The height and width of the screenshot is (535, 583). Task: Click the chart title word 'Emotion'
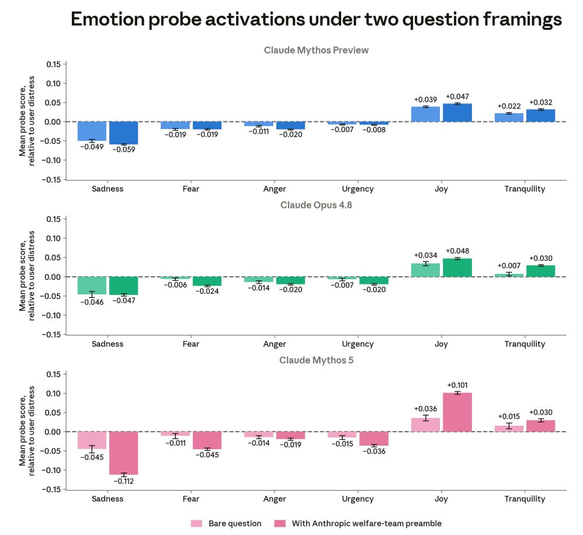[x=108, y=19]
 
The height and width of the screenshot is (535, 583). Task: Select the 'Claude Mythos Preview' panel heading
[x=316, y=50]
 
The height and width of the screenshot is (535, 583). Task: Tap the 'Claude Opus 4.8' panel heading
[x=316, y=205]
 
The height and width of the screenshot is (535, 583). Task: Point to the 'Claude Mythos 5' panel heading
[x=316, y=360]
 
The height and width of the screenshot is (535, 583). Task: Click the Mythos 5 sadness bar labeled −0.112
[x=123, y=453]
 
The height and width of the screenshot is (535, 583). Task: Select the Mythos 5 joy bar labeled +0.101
[x=457, y=412]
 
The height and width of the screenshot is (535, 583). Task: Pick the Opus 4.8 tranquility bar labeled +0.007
[x=509, y=276]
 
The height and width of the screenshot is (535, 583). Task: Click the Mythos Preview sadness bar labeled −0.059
[x=123, y=133]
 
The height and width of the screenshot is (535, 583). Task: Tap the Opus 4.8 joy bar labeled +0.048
[x=457, y=267]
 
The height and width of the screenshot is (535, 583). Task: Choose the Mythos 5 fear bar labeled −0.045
[x=207, y=440]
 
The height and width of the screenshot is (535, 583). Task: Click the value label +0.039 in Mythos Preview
[x=425, y=100]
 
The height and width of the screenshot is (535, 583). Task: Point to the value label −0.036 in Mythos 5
[x=374, y=451]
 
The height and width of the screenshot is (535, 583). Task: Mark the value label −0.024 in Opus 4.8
[x=207, y=291]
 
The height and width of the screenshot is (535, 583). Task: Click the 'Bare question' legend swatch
[x=196, y=523]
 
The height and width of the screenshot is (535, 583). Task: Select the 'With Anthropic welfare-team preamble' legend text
[x=367, y=523]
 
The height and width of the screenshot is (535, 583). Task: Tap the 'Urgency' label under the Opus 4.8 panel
[x=358, y=344]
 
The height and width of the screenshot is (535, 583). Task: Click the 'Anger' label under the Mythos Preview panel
[x=275, y=189]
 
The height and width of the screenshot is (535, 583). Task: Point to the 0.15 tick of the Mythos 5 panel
[x=53, y=374]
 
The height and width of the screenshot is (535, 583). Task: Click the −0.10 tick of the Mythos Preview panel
[x=51, y=160]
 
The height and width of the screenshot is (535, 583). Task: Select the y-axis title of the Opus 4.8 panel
[x=27, y=276]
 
